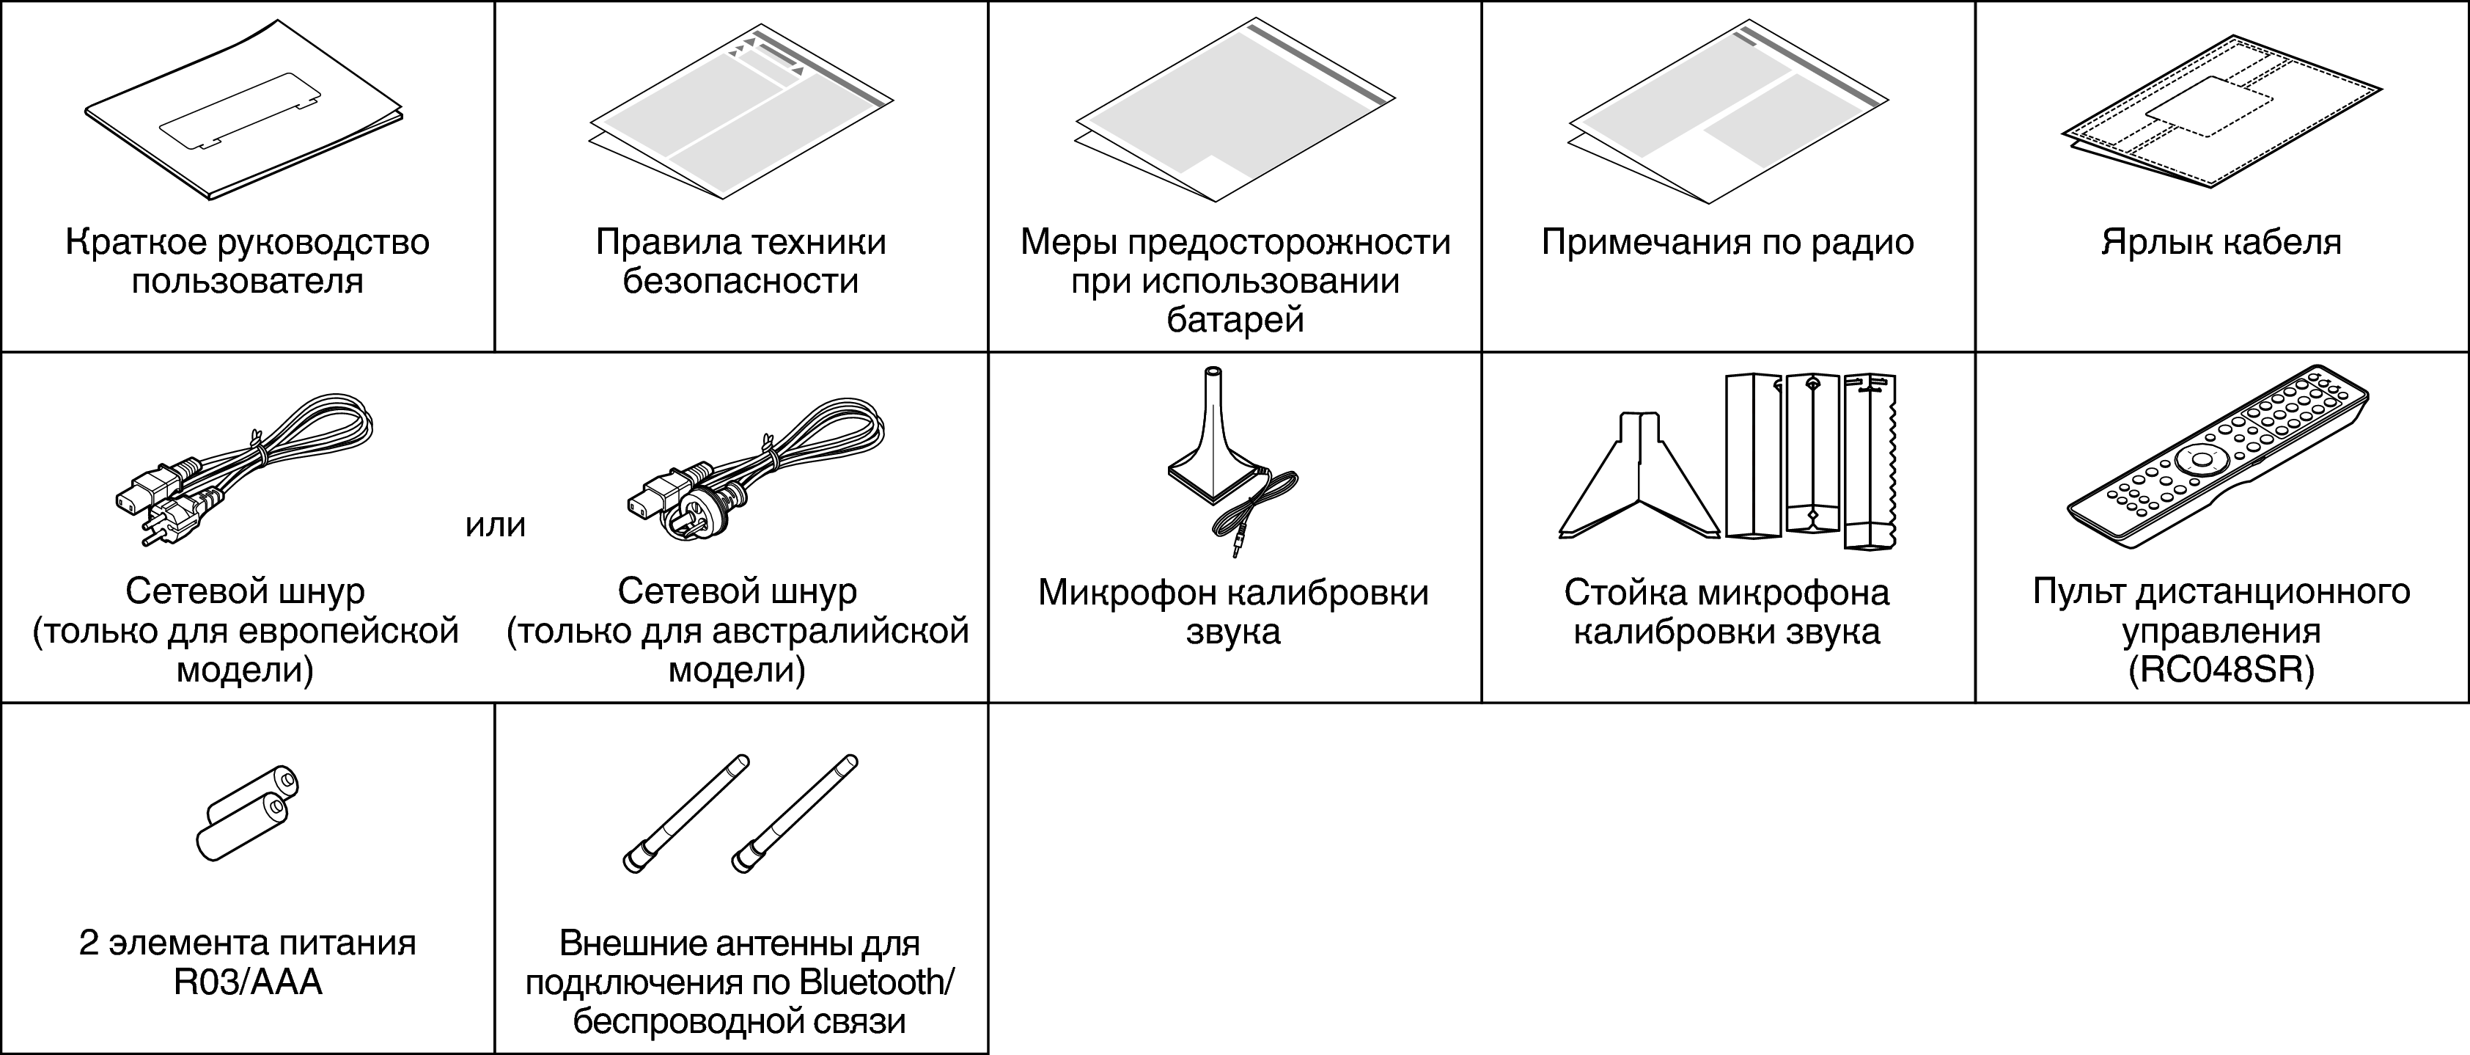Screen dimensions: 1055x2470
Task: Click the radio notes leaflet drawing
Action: coord(1728,115)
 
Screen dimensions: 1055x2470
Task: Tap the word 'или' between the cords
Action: coord(496,525)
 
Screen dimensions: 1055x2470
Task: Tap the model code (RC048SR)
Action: coord(2221,669)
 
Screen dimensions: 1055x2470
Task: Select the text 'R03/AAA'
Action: coord(247,982)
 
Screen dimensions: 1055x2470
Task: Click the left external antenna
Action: coord(686,814)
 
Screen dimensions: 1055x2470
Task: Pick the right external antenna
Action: coord(795,814)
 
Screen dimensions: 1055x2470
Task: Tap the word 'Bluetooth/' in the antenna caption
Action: coord(876,982)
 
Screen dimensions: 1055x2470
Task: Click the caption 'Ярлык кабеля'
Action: coord(2221,241)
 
